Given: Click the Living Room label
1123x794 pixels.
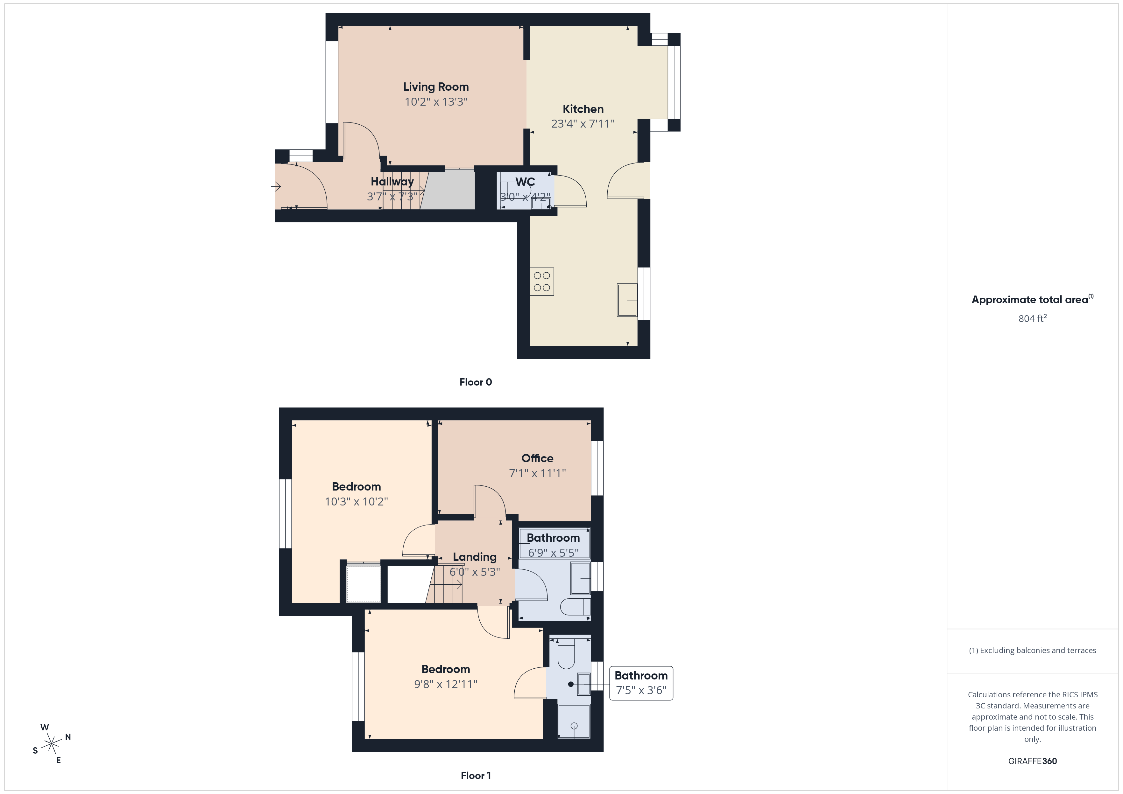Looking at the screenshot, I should pyautogui.click(x=436, y=87).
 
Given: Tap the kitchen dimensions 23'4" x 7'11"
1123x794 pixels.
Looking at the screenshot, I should pyautogui.click(x=583, y=124).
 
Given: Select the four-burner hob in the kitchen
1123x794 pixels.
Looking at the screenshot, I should pyautogui.click(x=542, y=282).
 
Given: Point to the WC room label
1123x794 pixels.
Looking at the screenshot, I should pyautogui.click(x=525, y=182).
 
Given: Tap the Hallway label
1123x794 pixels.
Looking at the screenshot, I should pyautogui.click(x=392, y=182).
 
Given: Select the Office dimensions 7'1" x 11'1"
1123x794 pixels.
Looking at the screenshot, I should pyautogui.click(x=537, y=473).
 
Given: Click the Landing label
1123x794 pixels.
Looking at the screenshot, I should pyautogui.click(x=474, y=557).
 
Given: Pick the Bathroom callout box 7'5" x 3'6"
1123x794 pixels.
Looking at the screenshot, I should pyautogui.click(x=641, y=683).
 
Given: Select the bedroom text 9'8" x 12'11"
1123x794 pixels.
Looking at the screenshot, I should pyautogui.click(x=446, y=684).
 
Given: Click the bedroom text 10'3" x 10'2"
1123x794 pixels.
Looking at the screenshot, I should pyautogui.click(x=356, y=502).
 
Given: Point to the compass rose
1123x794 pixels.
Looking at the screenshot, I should pyautogui.click(x=51, y=744).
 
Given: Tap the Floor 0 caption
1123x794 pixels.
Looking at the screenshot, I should pyautogui.click(x=476, y=382).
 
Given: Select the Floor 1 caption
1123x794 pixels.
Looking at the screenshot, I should pyautogui.click(x=476, y=776).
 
